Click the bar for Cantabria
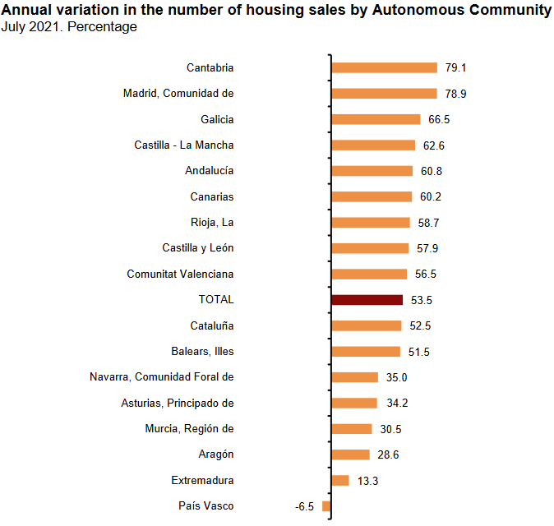[384, 67]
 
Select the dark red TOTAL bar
[367, 300]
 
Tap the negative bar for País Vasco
[326, 506]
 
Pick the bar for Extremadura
[339, 480]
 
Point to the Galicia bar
[376, 119]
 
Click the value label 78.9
[455, 94]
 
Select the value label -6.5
[304, 506]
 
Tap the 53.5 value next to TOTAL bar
[422, 300]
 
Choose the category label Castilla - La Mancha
[184, 145]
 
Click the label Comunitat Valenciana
[180, 274]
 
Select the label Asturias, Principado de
[178, 403]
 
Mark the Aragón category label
[216, 454]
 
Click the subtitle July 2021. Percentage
[69, 27]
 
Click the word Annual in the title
[25, 10]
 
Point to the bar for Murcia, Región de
[351, 429]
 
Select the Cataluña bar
[366, 325]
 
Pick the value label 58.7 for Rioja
[428, 223]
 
